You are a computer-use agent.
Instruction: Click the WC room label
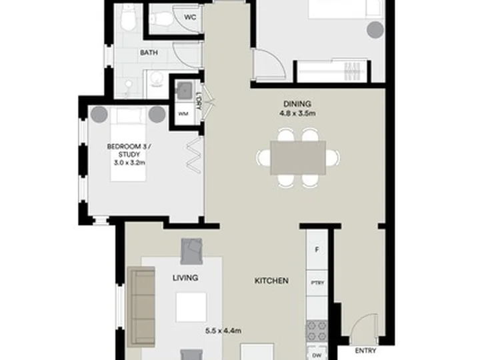click(190, 17)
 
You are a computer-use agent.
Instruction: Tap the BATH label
click(149, 53)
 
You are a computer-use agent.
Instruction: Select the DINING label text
click(297, 104)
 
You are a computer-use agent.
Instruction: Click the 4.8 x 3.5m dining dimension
click(297, 113)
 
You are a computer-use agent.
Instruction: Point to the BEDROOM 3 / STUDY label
click(129, 151)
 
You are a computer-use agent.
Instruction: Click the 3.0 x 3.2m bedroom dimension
click(129, 163)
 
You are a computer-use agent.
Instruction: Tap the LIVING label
click(185, 278)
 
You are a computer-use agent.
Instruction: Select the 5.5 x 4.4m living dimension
click(223, 331)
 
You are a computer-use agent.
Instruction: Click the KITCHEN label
click(271, 281)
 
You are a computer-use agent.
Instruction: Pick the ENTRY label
click(365, 351)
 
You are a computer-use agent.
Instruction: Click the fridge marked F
click(317, 250)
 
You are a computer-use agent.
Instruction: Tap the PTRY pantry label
click(317, 283)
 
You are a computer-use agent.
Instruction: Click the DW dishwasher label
click(317, 355)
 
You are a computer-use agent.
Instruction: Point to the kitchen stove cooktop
click(317, 331)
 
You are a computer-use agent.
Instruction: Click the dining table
click(298, 157)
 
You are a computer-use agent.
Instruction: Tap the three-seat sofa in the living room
click(141, 307)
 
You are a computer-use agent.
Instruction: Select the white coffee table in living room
click(191, 307)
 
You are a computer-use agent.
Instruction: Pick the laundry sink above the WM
click(185, 90)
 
